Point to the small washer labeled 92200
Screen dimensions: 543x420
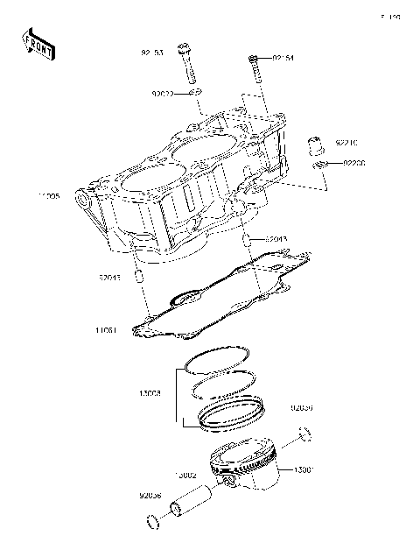point(320,165)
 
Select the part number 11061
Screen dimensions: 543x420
point(108,331)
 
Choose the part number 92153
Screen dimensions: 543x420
point(152,53)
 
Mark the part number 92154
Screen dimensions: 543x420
point(282,59)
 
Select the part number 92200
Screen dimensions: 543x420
point(353,163)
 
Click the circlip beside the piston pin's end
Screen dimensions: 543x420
point(151,525)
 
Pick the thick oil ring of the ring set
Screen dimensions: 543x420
point(231,413)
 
